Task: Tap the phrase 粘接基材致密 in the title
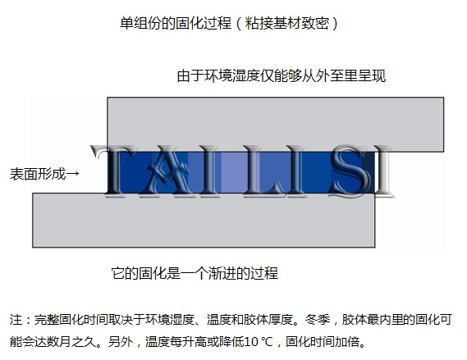(x=286, y=23)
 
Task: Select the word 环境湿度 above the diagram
(x=232, y=76)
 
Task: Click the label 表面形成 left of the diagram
(x=38, y=174)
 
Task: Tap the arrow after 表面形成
(x=73, y=174)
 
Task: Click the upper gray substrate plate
(x=276, y=125)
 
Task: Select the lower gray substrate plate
(x=204, y=220)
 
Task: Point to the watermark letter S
(x=349, y=171)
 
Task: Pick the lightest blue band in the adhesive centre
(x=234, y=172)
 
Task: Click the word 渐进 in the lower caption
(x=222, y=273)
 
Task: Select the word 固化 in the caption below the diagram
(x=153, y=273)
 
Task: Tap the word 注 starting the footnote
(x=16, y=320)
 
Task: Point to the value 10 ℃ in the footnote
(x=259, y=342)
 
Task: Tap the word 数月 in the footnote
(x=58, y=342)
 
